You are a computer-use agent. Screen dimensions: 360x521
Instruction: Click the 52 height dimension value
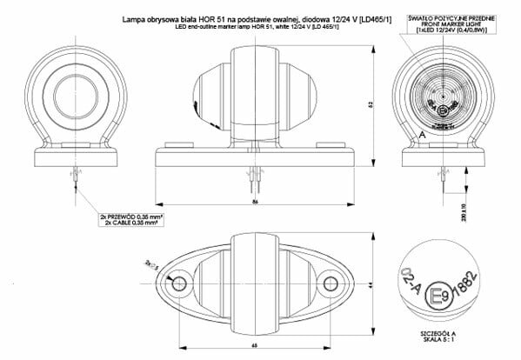[x=370, y=105]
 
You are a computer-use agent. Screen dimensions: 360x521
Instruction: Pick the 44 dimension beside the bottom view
[x=370, y=285]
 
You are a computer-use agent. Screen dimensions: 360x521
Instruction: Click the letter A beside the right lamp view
[x=420, y=137]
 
